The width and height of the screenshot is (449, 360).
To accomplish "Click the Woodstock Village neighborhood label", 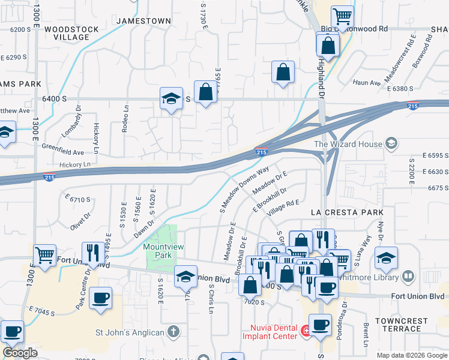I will click(67, 32).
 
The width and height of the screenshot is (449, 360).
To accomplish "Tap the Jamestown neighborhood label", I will click(143, 20).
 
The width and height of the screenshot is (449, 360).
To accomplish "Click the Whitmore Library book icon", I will click(408, 276).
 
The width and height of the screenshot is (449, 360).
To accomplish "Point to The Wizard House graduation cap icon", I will click(391, 143).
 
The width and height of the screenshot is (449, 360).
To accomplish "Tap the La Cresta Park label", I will click(343, 212).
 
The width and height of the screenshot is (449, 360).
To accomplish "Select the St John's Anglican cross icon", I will click(173, 331).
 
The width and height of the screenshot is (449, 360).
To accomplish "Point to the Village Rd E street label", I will click(283, 207).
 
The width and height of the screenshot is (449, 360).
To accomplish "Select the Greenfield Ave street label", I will click(62, 152).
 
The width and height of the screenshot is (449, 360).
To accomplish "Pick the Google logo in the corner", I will click(20, 353).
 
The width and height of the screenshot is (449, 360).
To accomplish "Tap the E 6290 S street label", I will click(14, 57).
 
